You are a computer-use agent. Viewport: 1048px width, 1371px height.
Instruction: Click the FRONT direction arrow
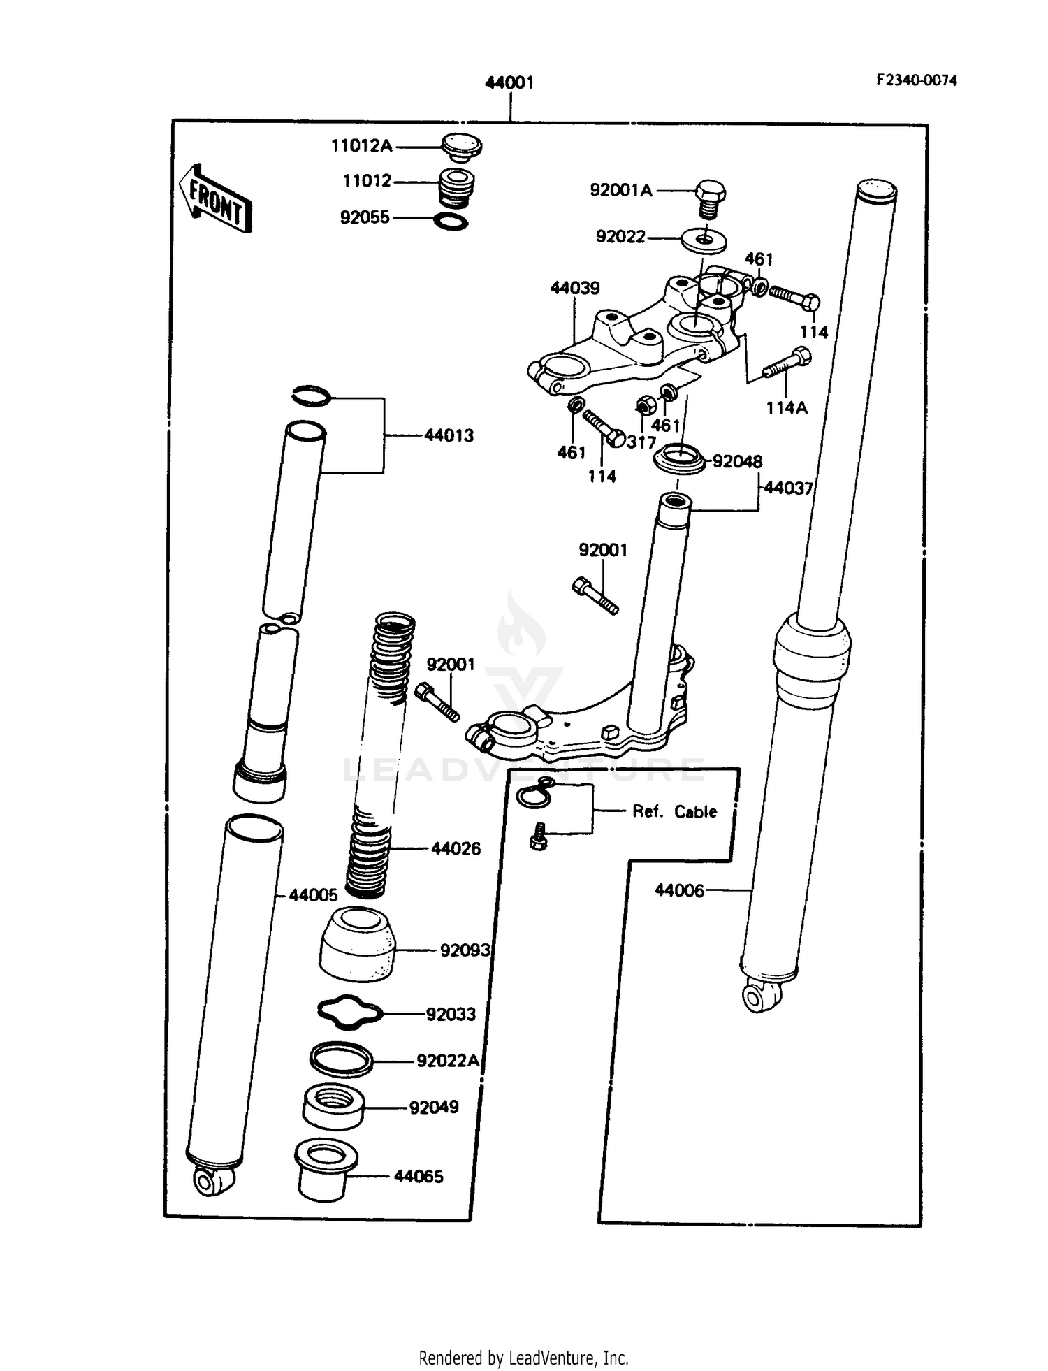[214, 199]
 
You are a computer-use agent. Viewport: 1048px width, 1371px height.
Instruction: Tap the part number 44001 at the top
[509, 82]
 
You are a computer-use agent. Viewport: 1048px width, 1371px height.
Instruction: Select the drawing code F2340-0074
[916, 80]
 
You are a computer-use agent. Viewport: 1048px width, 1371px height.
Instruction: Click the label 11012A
[361, 146]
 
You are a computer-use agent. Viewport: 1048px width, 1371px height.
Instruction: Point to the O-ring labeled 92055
[451, 222]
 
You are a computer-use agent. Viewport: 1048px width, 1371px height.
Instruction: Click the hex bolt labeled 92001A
[710, 196]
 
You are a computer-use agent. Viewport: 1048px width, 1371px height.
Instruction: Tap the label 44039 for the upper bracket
[574, 288]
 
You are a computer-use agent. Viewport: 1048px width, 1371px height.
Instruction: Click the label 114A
[787, 408]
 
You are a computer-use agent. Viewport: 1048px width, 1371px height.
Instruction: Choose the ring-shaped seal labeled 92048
[679, 461]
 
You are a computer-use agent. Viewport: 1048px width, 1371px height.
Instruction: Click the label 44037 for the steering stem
[788, 488]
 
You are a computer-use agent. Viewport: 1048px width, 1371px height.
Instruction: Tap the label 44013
[449, 435]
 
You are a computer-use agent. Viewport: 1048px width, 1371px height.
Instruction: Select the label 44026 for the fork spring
[456, 848]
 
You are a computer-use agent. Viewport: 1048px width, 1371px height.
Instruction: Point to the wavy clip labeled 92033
[350, 1013]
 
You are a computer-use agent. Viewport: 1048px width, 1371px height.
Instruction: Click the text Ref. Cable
[674, 811]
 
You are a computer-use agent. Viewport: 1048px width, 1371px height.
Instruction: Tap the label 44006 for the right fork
[679, 890]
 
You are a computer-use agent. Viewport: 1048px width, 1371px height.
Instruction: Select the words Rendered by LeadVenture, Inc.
[523, 1358]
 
